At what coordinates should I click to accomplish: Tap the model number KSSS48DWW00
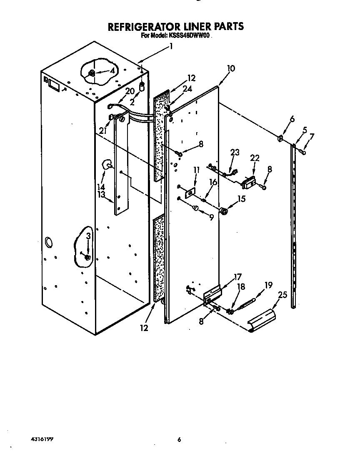pyautogui.click(x=190, y=36)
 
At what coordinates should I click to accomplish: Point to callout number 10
pyautogui.click(x=231, y=68)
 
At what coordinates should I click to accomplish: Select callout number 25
pyautogui.click(x=282, y=295)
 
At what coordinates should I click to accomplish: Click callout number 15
pyautogui.click(x=241, y=199)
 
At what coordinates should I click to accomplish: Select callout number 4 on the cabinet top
pyautogui.click(x=112, y=70)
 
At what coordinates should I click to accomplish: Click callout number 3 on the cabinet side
pyautogui.click(x=88, y=236)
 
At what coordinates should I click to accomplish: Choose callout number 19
pyautogui.click(x=268, y=285)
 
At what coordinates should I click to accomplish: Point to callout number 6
pyautogui.click(x=292, y=119)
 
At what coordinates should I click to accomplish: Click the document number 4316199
pyautogui.click(x=42, y=439)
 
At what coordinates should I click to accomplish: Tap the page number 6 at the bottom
pyautogui.click(x=179, y=439)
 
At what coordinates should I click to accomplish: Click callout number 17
pyautogui.click(x=237, y=276)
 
